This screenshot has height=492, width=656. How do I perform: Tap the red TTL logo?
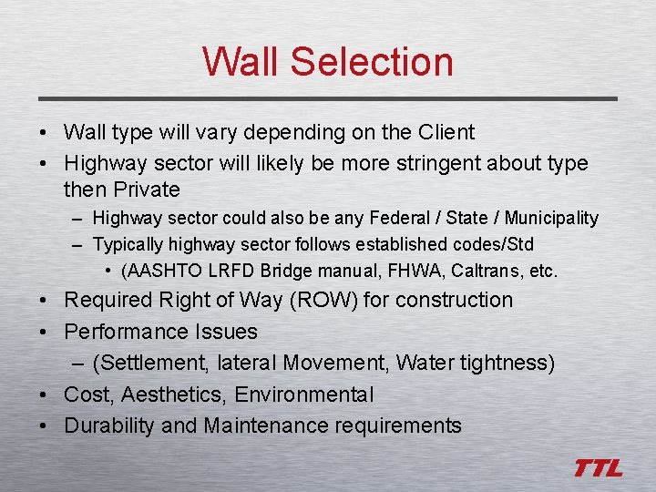point(598,468)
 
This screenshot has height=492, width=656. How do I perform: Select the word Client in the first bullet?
point(446,132)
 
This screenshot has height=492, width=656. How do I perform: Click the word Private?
point(147,190)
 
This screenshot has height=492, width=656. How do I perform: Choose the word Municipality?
point(551,218)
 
